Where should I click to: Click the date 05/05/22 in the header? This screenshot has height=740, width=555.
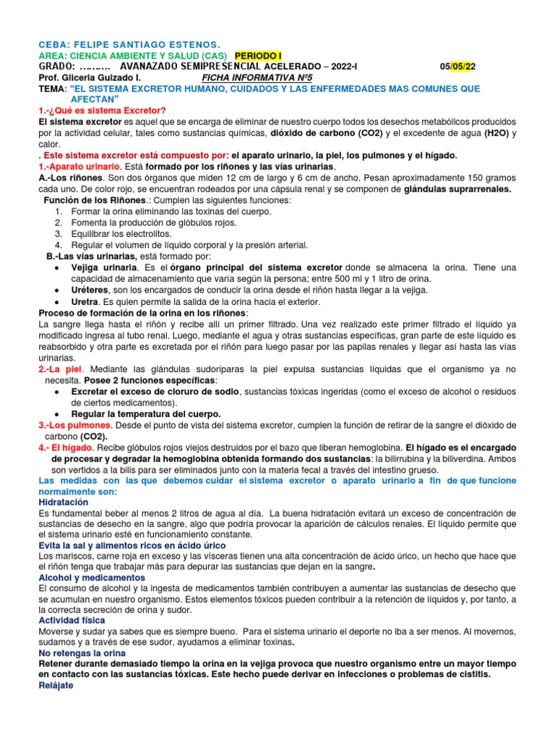click(x=458, y=67)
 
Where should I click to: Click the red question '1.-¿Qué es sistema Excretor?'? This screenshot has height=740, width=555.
click(x=102, y=111)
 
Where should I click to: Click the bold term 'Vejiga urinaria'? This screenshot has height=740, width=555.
click(x=103, y=267)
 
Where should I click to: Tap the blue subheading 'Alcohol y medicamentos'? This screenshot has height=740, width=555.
click(x=92, y=578)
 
